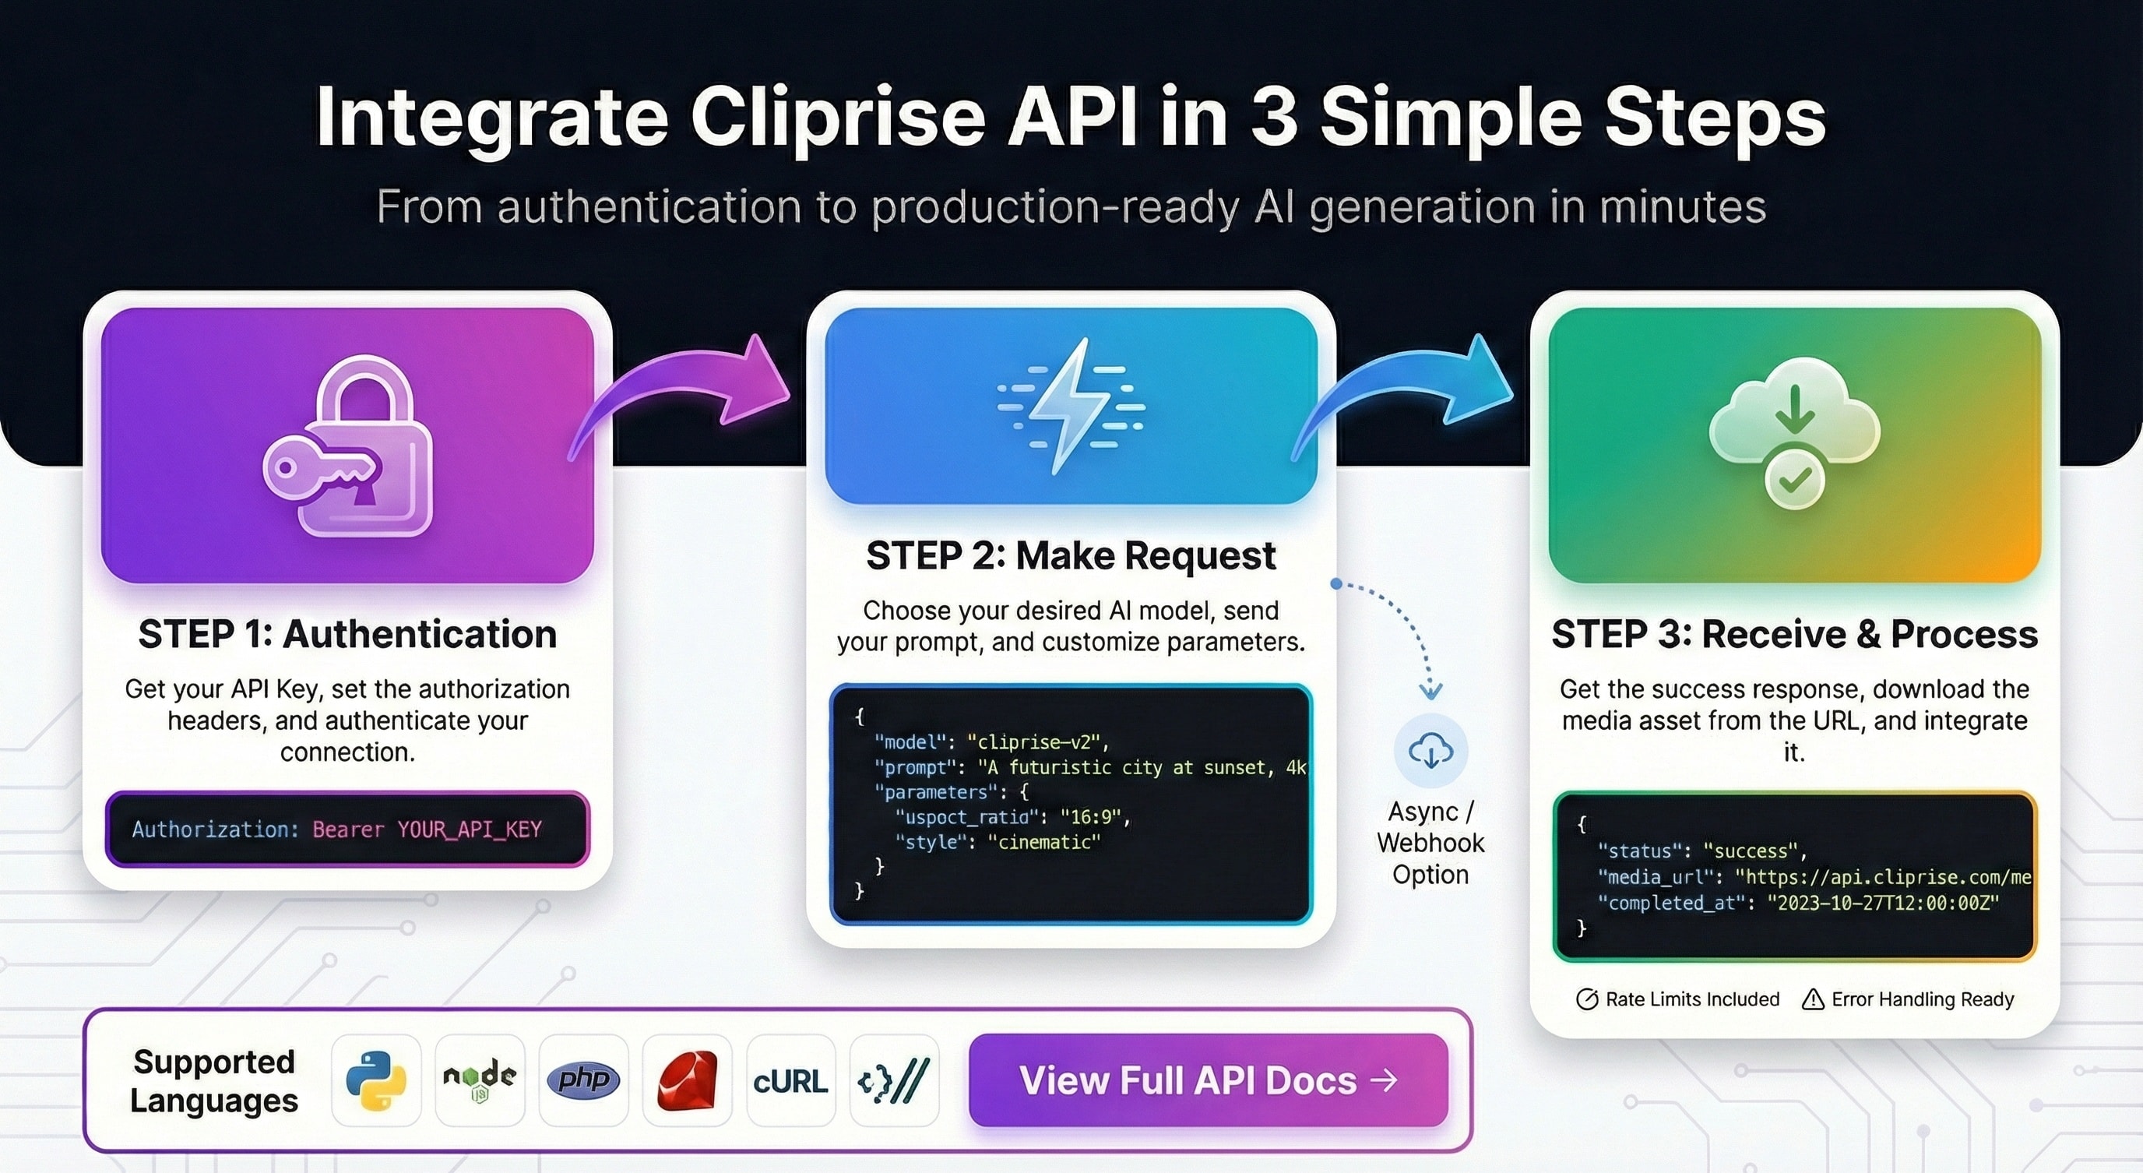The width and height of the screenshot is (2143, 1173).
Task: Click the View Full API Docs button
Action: point(1208,1080)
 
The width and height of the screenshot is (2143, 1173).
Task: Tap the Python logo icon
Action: point(376,1080)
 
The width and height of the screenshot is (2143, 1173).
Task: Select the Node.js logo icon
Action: point(479,1080)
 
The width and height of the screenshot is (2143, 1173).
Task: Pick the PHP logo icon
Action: point(583,1080)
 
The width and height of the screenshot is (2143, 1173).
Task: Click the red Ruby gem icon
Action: point(687,1080)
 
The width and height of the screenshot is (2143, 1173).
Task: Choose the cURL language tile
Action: point(790,1080)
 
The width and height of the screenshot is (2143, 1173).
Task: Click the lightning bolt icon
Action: point(1070,406)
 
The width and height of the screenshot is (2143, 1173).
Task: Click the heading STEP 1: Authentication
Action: point(347,634)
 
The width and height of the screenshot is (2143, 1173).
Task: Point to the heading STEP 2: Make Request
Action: point(1071,555)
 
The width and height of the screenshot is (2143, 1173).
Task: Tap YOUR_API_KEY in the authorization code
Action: point(470,830)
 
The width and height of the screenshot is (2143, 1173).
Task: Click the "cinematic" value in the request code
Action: point(1044,842)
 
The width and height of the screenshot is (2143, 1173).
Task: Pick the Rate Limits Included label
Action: point(1691,999)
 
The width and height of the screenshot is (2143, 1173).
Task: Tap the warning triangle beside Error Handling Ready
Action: point(1813,999)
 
